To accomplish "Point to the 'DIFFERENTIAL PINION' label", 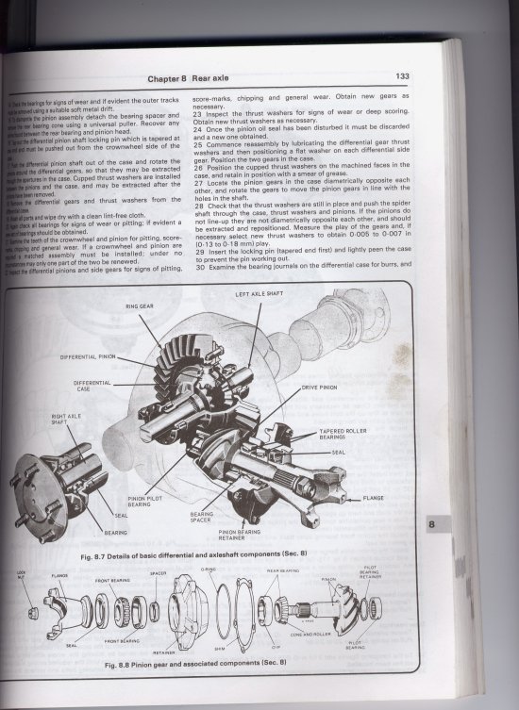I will [x=92, y=358].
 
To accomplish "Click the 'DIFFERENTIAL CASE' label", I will [x=92, y=387].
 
